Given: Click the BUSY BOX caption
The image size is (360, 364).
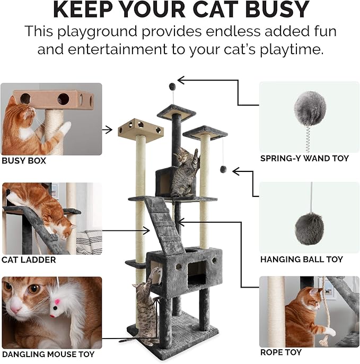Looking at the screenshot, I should (x=24, y=160).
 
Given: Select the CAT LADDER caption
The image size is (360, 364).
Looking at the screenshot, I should (x=29, y=259).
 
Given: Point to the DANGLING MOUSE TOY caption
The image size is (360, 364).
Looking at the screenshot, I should (x=48, y=354).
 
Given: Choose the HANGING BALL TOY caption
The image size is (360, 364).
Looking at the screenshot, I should (x=301, y=259).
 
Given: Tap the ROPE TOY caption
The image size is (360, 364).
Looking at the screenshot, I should (x=281, y=352).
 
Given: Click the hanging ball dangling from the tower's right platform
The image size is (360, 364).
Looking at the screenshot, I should (x=223, y=169).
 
